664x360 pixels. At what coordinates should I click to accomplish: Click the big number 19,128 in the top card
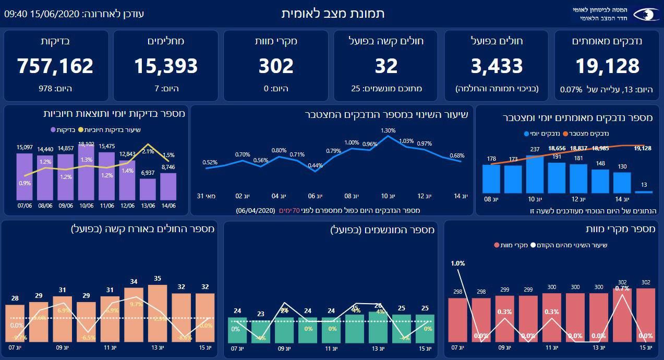coord(607,66)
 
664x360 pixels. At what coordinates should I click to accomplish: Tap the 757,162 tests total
coord(55,66)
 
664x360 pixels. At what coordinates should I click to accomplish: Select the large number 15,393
coord(166,66)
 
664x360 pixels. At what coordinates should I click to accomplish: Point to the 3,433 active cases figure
coord(497,66)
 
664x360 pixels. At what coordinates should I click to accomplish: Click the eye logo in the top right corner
coord(646,14)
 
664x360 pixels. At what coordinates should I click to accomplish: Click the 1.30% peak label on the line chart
coord(388,130)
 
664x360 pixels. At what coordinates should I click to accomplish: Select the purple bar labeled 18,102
coord(86,172)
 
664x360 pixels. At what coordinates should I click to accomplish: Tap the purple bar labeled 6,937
coord(148,189)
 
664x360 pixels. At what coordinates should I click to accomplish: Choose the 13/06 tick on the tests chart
coord(148,206)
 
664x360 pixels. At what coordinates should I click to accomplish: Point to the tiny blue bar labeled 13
coord(644,192)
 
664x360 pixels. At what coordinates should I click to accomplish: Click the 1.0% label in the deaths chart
coord(457,263)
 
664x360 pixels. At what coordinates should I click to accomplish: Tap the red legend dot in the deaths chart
coord(497,245)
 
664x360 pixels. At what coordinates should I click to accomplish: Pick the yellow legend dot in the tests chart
coord(80,130)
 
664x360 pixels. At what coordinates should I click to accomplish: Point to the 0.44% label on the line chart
coord(315,166)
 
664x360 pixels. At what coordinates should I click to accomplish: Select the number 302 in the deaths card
coord(276,66)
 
